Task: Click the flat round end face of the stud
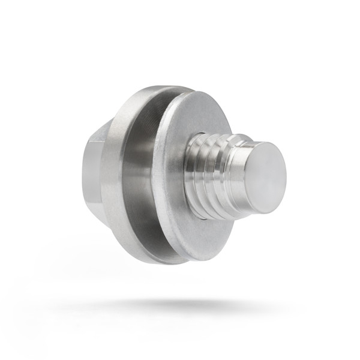coord(265,177)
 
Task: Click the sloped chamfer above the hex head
coord(102,129)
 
